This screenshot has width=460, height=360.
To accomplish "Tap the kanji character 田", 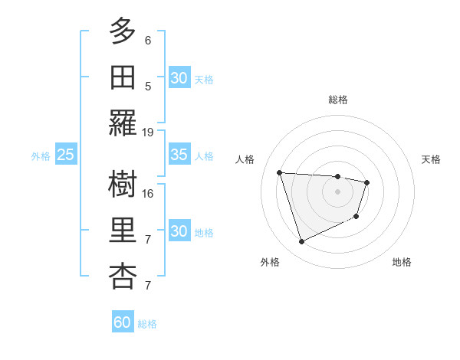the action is pos(123,77).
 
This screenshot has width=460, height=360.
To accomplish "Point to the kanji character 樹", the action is pos(123,184).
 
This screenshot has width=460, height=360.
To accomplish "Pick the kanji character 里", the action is pos(123,231).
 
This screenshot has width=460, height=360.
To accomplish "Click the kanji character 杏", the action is pos(123,277).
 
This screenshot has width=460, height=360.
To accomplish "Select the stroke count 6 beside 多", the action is pos(148,40).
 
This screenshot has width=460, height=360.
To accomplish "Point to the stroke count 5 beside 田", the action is pos(148,86).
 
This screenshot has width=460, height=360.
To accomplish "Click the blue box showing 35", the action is pos(179,155).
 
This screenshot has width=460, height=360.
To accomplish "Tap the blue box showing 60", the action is pos(123,322).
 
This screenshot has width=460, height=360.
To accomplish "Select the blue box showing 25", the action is pos(66,155).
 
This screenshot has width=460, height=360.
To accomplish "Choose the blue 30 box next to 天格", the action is pos(179,78).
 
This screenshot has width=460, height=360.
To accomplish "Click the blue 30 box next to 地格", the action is pos(179,231).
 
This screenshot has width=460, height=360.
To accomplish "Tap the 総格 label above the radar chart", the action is pos(338,100).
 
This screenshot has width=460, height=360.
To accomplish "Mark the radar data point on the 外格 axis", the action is pos(301,242).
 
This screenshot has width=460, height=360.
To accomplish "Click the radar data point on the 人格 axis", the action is pos(280,172).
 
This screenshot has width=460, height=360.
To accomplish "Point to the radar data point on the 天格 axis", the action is pos(367,182).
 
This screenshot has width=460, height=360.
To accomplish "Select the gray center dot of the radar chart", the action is pos(338,191).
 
